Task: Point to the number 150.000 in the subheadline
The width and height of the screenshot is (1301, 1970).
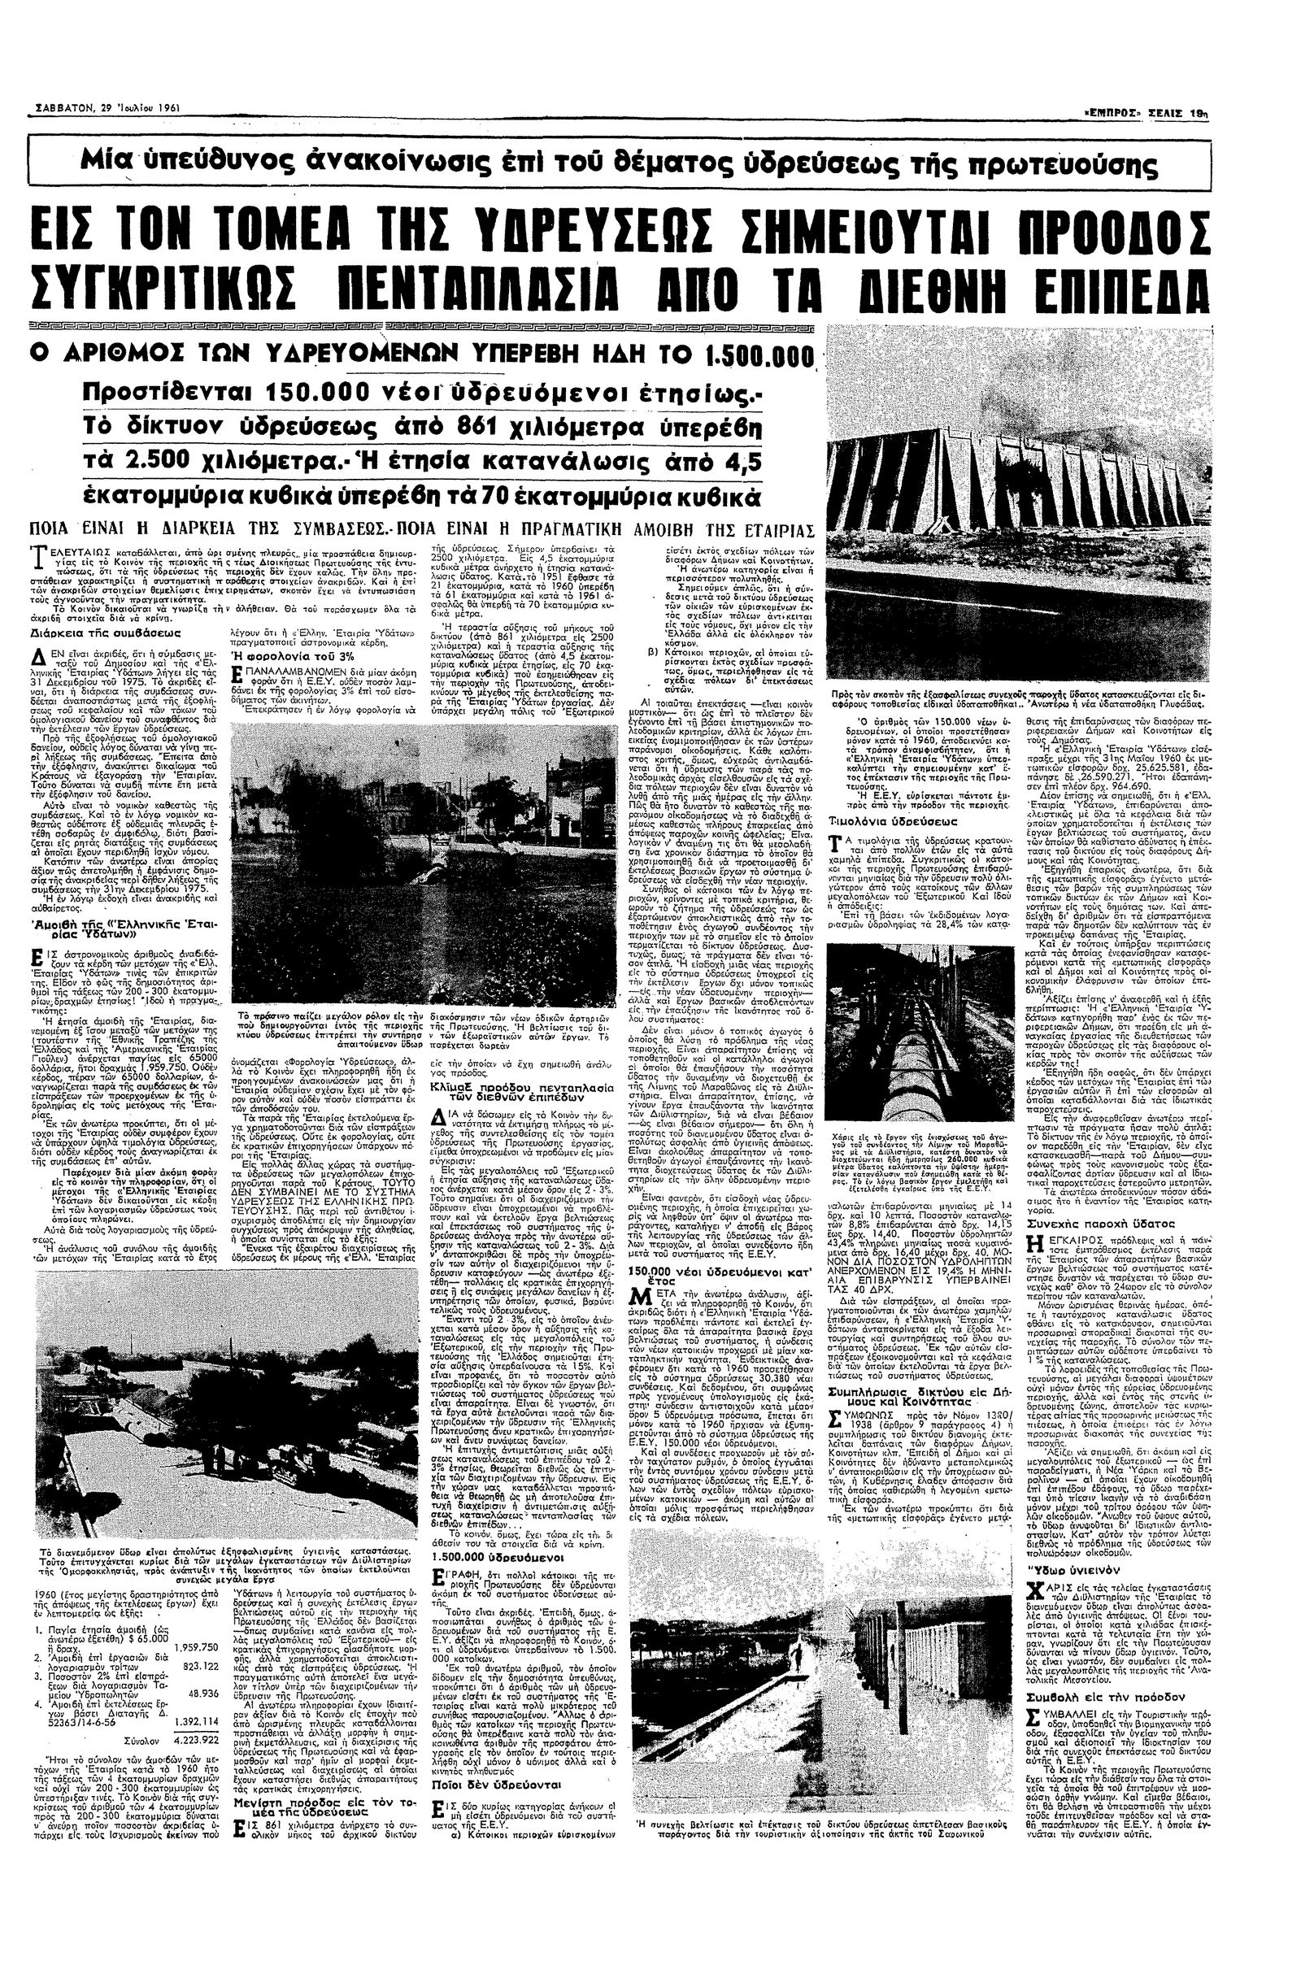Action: point(321,393)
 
